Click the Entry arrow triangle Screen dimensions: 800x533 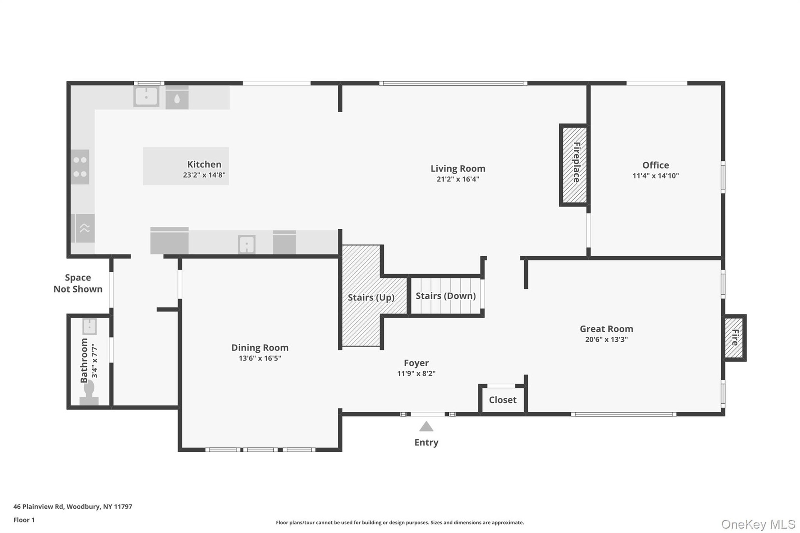click(x=426, y=427)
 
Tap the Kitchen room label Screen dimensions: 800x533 click(x=204, y=164)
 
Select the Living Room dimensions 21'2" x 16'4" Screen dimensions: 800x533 click(x=458, y=179)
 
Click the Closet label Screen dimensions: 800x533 click(x=502, y=400)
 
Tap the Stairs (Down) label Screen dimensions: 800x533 click(x=445, y=296)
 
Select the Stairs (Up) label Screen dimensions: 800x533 click(x=371, y=298)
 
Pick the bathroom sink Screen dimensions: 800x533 click(x=90, y=327)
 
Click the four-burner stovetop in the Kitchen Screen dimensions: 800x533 click(x=80, y=167)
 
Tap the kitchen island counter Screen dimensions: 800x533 click(x=186, y=166)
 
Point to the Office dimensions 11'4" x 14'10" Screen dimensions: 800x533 click(x=655, y=176)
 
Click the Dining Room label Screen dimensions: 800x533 click(x=260, y=348)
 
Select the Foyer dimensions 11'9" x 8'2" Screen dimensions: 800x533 click(x=416, y=373)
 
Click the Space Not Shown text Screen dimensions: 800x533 click(x=78, y=283)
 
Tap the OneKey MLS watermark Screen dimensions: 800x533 click(x=758, y=524)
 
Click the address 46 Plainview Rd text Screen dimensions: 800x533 click(x=38, y=507)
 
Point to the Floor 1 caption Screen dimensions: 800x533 click(x=24, y=520)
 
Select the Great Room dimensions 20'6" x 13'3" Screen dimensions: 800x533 click(x=606, y=340)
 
